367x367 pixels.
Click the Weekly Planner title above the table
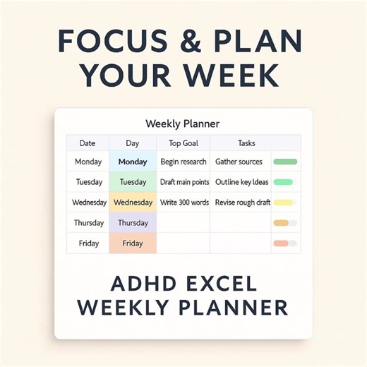182,124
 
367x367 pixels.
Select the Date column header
88,143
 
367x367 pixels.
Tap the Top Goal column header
184,143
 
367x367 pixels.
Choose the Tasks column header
246,143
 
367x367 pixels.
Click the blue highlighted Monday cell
133,162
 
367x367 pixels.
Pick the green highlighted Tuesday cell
133,182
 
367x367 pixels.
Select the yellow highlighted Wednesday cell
133,203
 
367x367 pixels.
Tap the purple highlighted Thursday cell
133,223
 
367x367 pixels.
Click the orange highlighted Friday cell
133,243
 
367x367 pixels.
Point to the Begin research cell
183,162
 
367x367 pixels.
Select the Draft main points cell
184,182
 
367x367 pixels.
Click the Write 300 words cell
184,203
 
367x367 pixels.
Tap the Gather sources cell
239,162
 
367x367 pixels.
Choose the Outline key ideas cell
241,182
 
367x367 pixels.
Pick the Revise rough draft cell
242,203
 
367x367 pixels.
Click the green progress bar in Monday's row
285,162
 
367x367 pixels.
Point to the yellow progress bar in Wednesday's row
284,203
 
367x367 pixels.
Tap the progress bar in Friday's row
282,243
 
